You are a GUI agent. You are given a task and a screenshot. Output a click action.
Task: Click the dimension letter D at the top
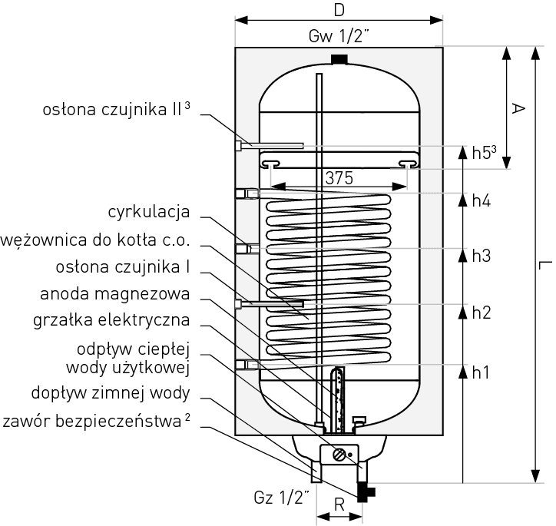click(x=339, y=10)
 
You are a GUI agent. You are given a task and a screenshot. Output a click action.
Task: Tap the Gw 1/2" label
click(x=339, y=36)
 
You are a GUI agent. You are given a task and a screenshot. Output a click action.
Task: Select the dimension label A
click(x=518, y=109)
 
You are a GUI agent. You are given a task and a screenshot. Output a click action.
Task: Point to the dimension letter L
click(x=543, y=265)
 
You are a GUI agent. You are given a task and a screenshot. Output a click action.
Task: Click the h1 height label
click(x=481, y=372)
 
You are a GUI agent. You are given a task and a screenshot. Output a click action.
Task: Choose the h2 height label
click(x=481, y=313)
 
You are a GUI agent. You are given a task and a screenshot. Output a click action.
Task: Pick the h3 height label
click(x=481, y=256)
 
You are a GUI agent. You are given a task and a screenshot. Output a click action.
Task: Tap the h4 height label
click(x=481, y=200)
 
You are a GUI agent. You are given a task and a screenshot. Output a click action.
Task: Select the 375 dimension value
click(x=339, y=178)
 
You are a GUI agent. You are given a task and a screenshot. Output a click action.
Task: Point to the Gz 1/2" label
click(x=283, y=497)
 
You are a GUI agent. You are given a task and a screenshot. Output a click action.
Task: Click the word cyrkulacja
click(x=148, y=211)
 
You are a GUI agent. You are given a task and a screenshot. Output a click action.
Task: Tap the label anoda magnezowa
click(x=125, y=294)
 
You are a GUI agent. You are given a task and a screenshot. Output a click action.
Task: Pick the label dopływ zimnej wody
click(x=110, y=394)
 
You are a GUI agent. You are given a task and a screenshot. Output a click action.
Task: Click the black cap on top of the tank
click(x=339, y=59)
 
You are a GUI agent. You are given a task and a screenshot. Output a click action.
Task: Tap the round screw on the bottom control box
click(x=339, y=454)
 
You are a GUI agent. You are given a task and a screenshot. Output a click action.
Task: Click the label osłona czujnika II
click(x=115, y=110)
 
